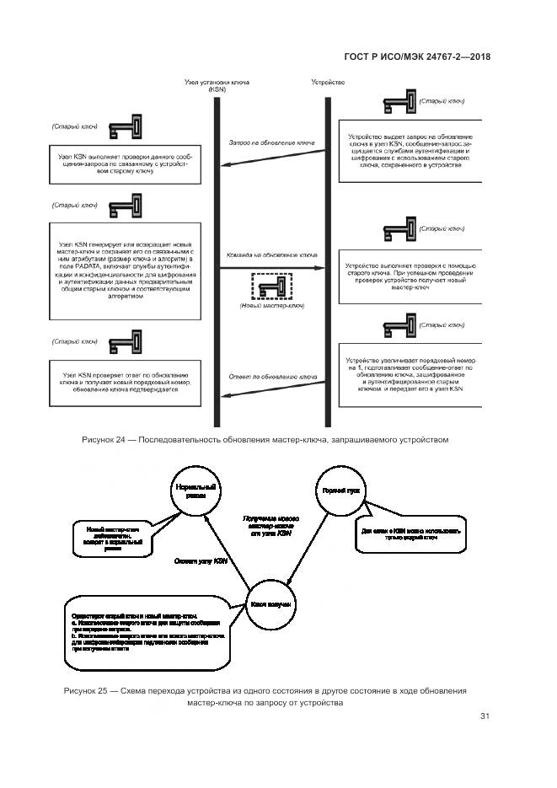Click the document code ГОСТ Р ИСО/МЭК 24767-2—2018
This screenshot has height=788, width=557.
(x=418, y=56)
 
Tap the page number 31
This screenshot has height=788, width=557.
(x=485, y=717)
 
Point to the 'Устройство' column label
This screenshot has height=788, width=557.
(x=328, y=82)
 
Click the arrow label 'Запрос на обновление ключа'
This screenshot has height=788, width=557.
(x=271, y=143)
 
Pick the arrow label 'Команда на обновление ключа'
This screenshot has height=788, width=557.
(x=271, y=255)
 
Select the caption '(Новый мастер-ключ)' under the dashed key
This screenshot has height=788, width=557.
(x=271, y=307)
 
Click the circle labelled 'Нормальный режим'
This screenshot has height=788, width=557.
(x=195, y=493)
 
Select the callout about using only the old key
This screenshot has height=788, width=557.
(x=410, y=533)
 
